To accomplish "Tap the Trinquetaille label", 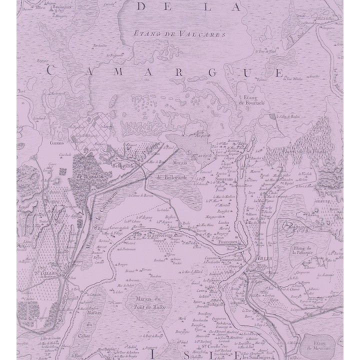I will tap(232, 259).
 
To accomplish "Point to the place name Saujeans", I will tap(223, 177).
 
